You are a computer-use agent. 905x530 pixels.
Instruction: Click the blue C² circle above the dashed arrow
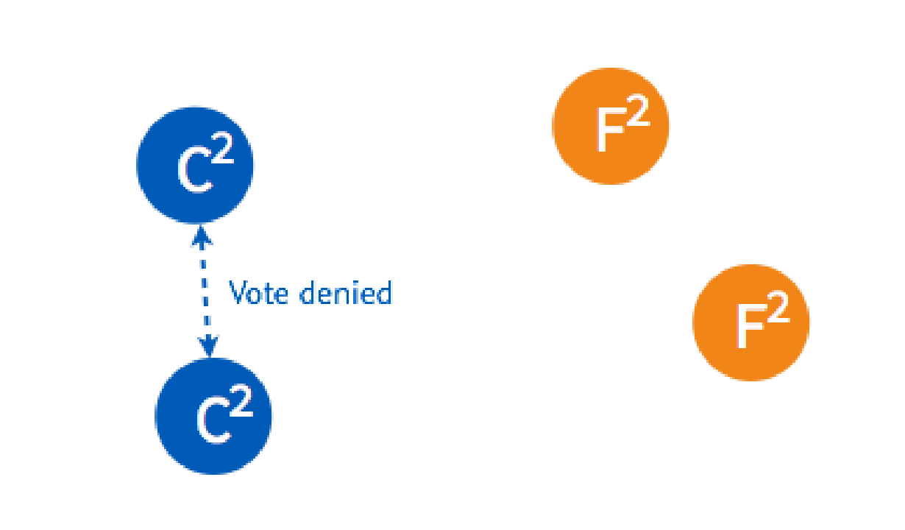195,165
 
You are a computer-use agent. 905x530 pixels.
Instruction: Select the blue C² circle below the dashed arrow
213,416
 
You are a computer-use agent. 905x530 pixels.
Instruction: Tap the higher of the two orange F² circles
611,126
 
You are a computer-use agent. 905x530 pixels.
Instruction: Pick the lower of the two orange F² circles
751,322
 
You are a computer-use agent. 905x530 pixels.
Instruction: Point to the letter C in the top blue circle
194,174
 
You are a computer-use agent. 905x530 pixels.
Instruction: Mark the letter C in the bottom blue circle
212,425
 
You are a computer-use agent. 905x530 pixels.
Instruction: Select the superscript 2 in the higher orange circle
638,114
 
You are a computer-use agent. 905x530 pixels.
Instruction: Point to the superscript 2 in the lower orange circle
778,311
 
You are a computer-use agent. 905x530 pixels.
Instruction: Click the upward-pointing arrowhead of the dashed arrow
201,235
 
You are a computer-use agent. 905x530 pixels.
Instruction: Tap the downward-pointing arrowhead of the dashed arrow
210,345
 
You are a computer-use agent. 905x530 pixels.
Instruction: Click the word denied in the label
346,293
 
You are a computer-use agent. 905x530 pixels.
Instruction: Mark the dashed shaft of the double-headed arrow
205,291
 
